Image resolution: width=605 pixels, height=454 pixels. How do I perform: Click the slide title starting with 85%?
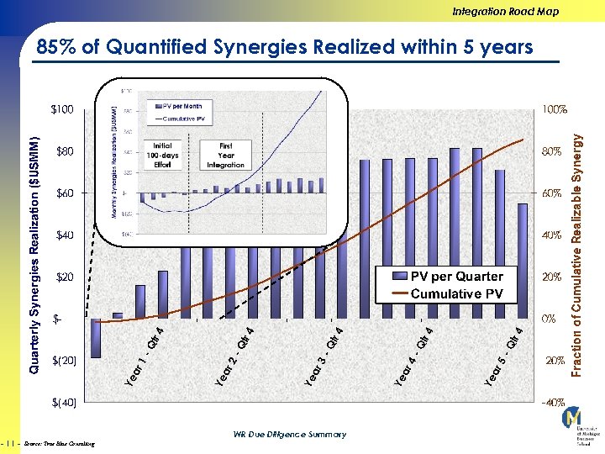click(285, 47)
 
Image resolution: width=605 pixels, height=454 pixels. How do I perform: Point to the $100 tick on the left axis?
click(62, 109)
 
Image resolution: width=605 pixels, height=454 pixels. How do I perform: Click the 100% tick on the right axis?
click(555, 109)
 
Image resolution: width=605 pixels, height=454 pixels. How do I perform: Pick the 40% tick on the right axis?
click(553, 235)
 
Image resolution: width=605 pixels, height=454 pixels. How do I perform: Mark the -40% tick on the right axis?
click(553, 403)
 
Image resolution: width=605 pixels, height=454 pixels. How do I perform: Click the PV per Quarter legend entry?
click(456, 277)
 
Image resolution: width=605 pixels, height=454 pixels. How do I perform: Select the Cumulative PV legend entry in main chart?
click(456, 293)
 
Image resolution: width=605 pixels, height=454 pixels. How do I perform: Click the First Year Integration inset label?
click(226, 155)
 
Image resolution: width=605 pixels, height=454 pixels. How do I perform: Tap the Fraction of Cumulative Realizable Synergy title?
click(578, 245)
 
